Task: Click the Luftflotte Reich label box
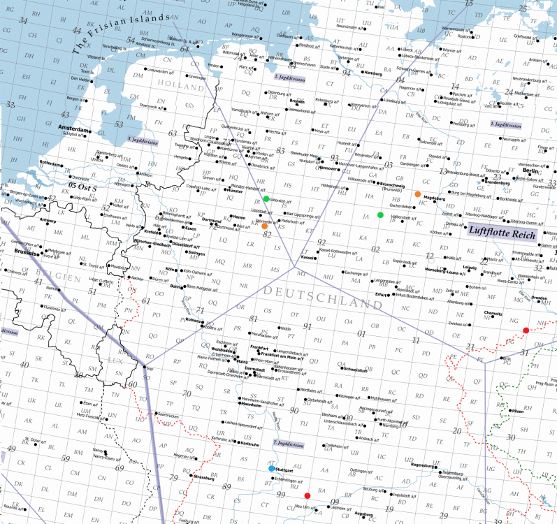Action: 501,234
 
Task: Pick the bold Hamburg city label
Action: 373,73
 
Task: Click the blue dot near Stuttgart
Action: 272,469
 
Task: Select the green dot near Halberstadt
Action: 380,214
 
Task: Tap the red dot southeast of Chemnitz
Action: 526,330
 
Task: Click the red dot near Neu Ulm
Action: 307,495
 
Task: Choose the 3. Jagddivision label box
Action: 142,141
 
